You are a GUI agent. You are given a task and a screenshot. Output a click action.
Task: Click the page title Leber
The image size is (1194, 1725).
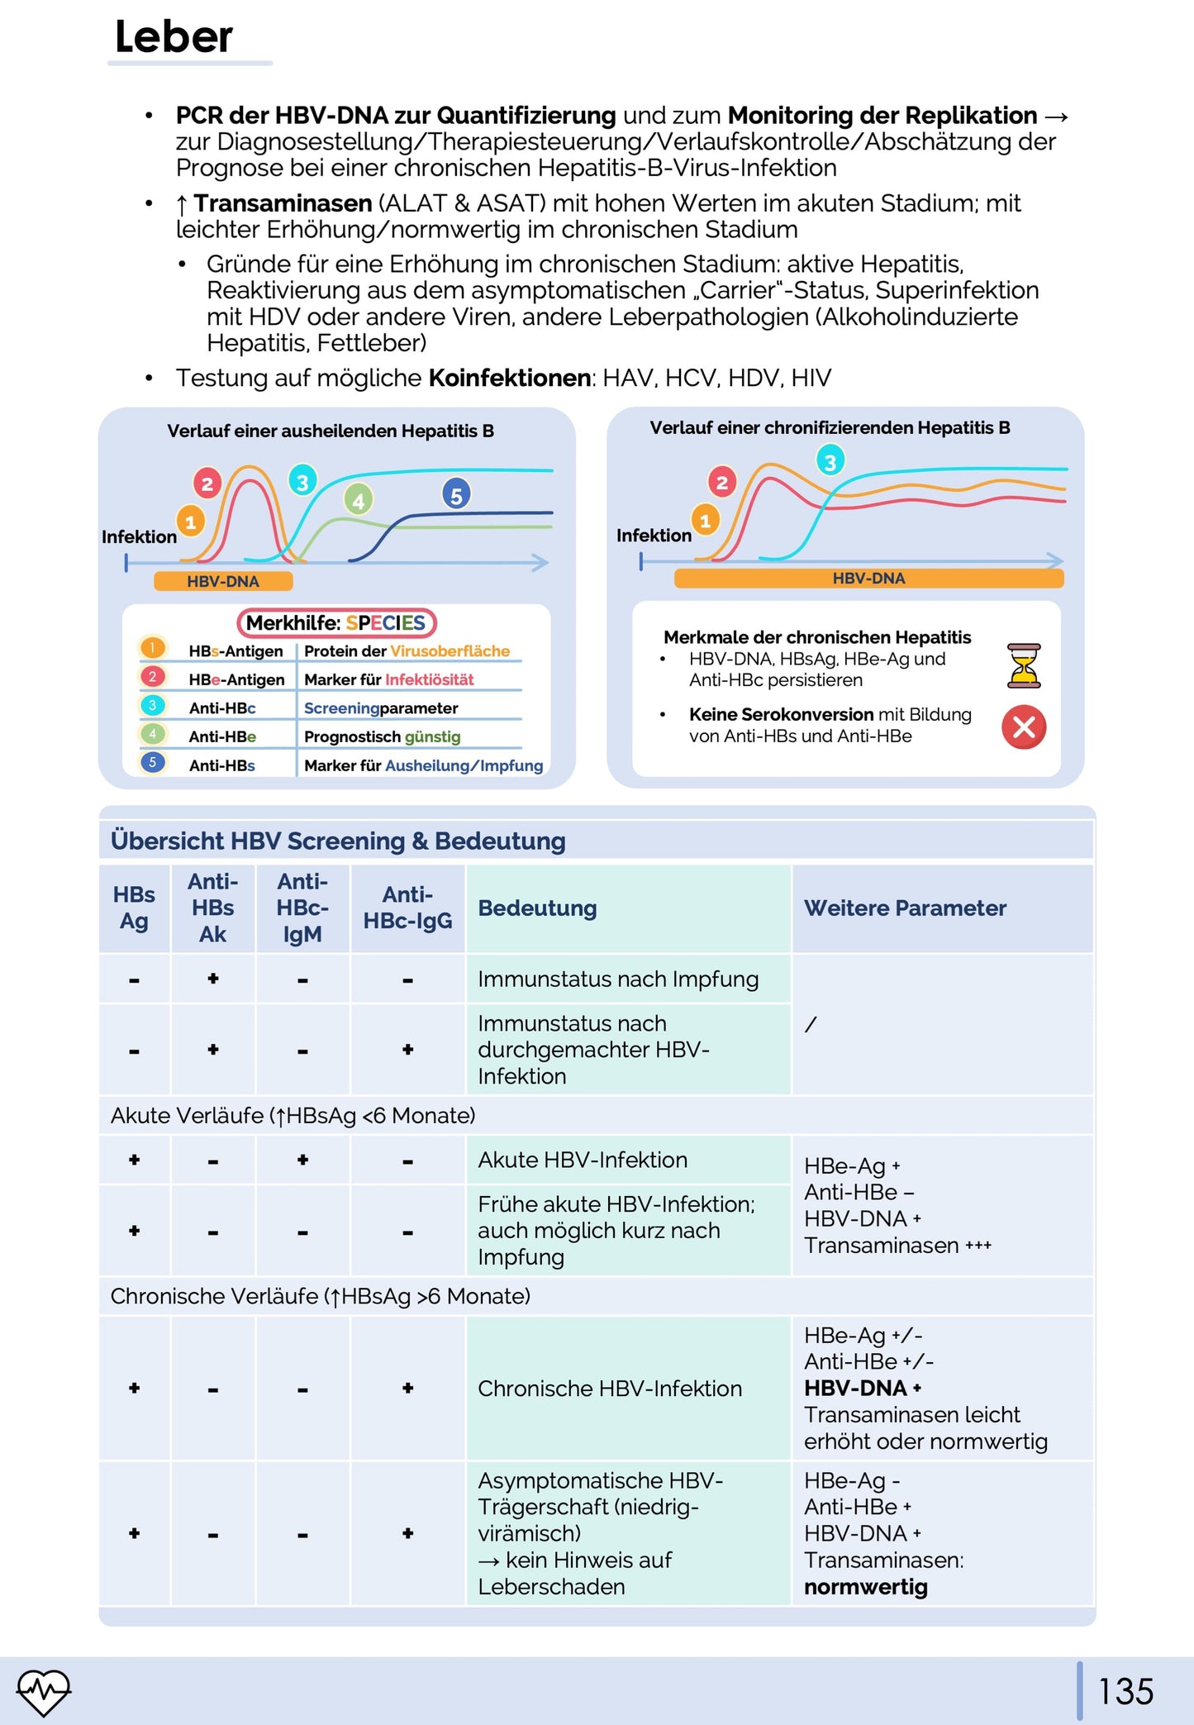point(174,37)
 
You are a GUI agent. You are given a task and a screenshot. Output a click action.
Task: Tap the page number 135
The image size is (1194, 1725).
point(1125,1691)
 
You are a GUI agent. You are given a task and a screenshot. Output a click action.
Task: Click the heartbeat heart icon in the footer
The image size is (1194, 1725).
point(44,1691)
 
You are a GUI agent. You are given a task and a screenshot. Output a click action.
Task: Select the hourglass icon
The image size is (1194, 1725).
point(1024,665)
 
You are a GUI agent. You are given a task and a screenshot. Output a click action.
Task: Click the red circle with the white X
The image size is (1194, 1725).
point(1024,727)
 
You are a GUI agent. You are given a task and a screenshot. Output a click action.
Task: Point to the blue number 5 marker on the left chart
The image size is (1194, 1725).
point(456,495)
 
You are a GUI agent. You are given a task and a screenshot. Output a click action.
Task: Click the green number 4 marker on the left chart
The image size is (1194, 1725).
point(358,500)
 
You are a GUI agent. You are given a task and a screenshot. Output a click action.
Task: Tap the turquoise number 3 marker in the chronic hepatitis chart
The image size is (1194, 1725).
point(830,461)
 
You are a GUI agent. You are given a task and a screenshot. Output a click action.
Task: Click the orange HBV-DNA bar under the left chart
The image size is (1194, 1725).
point(223,581)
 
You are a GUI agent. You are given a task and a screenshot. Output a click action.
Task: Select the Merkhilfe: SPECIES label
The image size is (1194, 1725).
point(336,622)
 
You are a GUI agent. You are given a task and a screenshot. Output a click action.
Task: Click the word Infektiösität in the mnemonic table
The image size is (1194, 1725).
point(430,679)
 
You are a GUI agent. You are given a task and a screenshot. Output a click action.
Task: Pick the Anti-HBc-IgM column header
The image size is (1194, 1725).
point(302,908)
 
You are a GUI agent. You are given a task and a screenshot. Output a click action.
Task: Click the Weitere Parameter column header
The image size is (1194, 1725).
point(905,908)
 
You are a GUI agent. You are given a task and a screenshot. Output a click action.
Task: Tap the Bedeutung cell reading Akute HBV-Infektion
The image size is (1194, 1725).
point(583,1160)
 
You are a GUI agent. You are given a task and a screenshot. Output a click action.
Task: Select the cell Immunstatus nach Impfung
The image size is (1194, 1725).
point(618,979)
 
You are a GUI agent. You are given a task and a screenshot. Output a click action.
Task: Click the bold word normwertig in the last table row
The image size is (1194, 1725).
point(866,1587)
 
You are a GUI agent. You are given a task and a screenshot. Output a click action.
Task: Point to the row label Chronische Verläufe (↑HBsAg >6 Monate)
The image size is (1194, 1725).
point(321,1296)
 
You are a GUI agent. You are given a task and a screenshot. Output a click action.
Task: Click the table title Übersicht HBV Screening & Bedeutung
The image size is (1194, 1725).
point(338,841)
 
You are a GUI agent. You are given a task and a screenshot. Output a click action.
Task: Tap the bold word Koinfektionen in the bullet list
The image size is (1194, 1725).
point(509,378)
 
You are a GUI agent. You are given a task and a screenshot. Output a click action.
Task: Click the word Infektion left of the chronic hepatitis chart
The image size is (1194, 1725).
point(654,535)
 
